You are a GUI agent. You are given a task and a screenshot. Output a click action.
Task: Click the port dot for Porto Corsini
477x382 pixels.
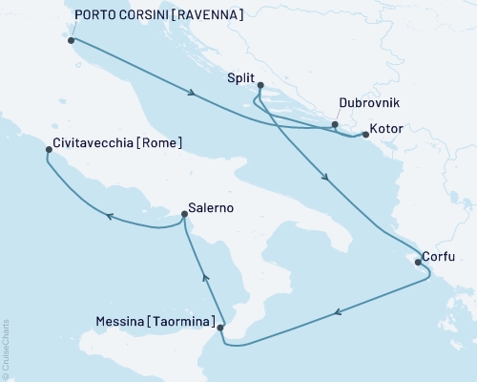(73, 40)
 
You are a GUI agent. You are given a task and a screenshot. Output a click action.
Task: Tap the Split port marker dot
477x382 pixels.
(259, 86)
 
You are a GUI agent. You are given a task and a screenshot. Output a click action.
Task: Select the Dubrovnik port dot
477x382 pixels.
(334, 124)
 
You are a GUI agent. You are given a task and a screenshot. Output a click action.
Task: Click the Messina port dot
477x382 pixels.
(221, 328)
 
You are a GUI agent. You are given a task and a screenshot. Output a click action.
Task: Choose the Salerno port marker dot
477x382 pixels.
(184, 215)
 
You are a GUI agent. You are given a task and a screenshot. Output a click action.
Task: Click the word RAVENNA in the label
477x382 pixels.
(208, 15)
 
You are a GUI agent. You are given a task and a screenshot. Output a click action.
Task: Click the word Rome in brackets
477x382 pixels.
(159, 144)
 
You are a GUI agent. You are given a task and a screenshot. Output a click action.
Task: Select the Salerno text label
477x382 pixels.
(211, 207)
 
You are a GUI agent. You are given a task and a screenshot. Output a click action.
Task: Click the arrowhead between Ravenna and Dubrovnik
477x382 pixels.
(194, 94)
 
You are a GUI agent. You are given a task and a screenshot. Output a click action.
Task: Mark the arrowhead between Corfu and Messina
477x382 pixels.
(337, 311)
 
